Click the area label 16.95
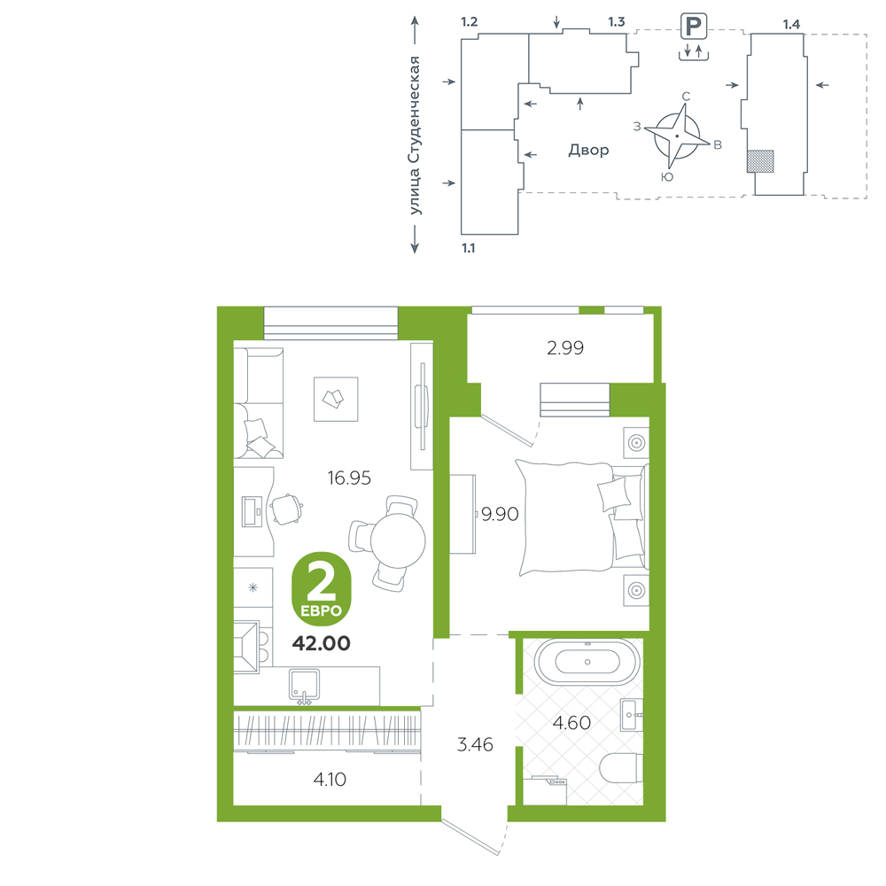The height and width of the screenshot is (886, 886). (349, 478)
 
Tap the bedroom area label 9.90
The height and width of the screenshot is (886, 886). (500, 514)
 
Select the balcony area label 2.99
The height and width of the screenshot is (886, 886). (565, 348)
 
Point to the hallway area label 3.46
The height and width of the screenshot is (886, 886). (475, 745)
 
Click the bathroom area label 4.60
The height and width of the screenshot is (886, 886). (571, 723)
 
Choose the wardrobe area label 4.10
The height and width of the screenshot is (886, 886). (330, 780)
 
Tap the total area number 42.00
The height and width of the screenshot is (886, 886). (321, 643)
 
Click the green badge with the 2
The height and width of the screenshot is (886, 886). (321, 589)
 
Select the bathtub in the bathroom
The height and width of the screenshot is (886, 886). (587, 662)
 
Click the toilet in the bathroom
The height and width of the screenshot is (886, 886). (621, 768)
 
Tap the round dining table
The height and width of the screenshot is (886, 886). (398, 540)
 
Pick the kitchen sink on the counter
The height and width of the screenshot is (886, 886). (304, 686)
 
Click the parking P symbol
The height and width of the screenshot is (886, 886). (694, 27)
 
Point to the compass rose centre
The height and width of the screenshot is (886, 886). (677, 136)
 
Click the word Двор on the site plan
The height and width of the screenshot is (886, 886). (589, 151)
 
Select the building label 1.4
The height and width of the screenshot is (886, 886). (791, 24)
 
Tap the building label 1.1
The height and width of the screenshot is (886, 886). (469, 248)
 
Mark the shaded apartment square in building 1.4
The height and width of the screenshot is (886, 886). (760, 161)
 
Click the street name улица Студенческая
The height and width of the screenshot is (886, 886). (415, 136)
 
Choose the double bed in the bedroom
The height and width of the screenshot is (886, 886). (582, 517)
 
